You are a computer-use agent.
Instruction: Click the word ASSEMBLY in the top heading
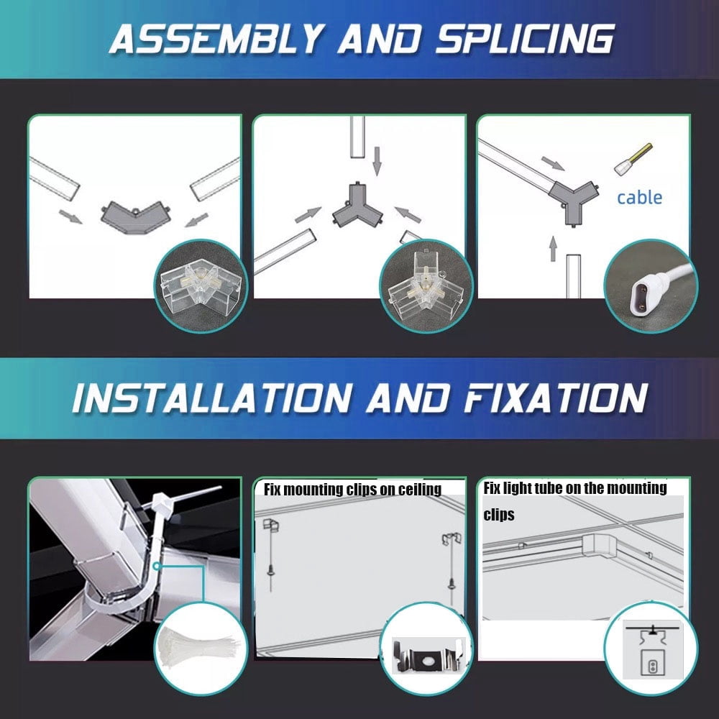tap(216, 39)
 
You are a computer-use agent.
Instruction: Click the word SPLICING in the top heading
tap(525, 39)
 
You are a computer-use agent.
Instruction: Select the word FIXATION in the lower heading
tap(556, 398)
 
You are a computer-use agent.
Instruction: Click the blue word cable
tap(639, 198)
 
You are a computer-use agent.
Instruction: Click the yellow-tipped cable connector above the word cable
tap(633, 159)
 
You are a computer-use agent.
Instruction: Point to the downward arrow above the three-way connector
tap(377, 161)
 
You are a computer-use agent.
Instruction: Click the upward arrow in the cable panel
tap(553, 249)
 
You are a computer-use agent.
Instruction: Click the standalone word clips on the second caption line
tap(499, 515)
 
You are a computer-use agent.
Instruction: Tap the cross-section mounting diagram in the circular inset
tap(653, 651)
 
